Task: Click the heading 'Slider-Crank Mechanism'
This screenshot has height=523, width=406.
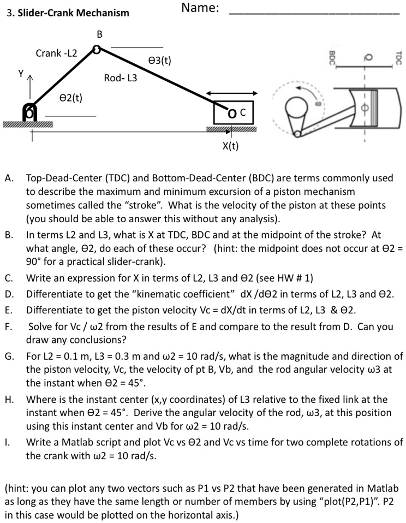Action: click(x=74, y=13)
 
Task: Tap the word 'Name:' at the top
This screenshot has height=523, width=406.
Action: click(x=200, y=8)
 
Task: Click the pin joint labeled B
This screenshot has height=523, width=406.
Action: click(x=96, y=50)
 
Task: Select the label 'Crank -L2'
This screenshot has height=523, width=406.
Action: click(x=56, y=54)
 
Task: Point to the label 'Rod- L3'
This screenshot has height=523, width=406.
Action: click(x=121, y=78)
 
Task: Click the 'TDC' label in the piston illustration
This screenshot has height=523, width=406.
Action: click(x=398, y=57)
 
